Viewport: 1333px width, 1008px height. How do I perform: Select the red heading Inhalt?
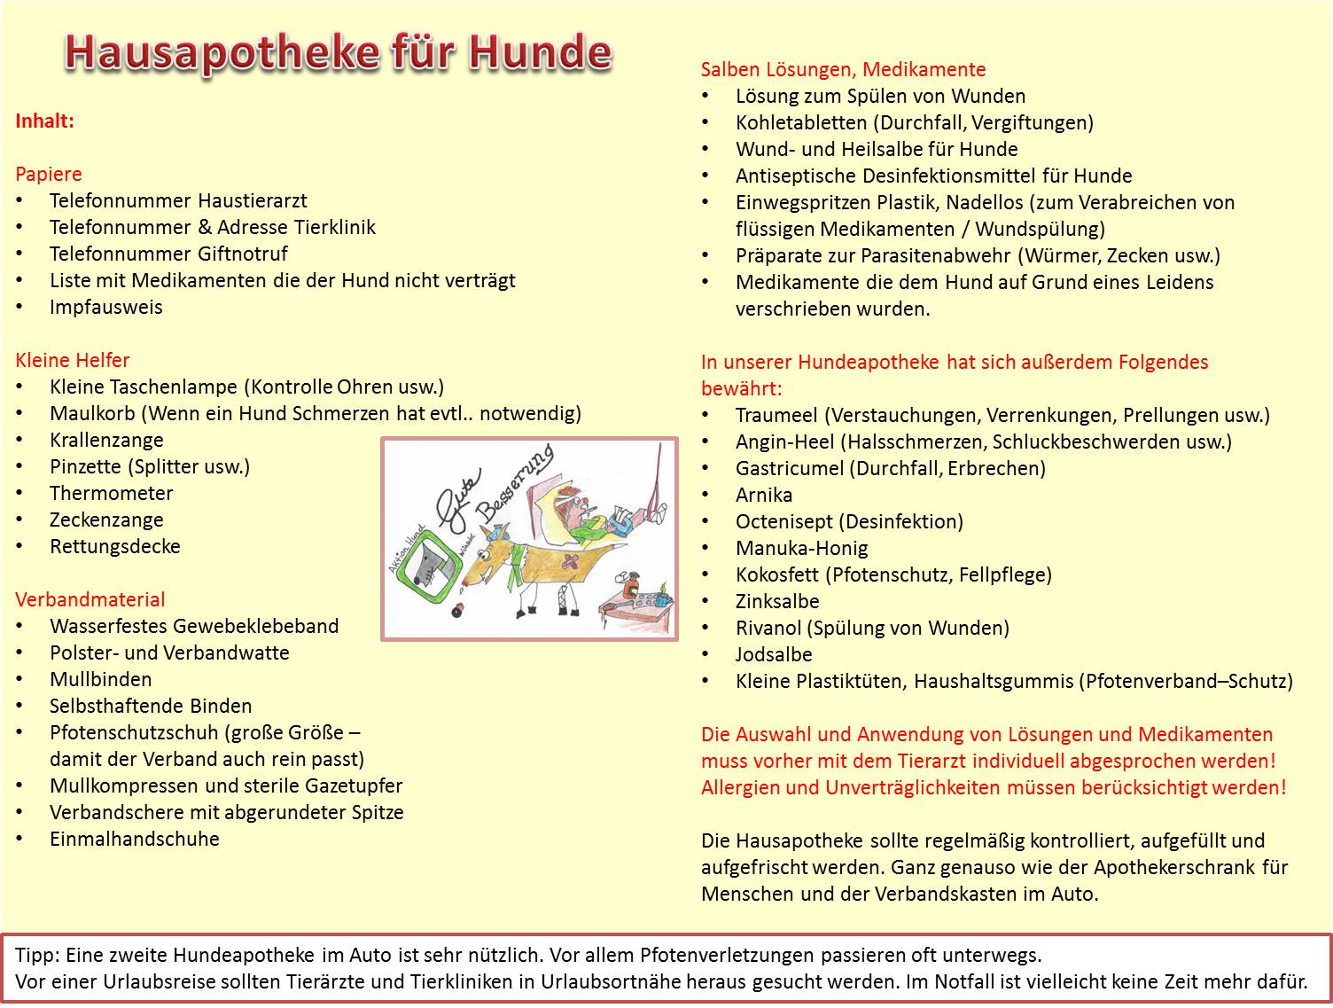pyautogui.click(x=44, y=121)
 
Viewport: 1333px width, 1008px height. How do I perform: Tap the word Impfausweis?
pyautogui.click(x=105, y=308)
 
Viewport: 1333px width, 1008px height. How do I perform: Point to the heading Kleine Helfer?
pyautogui.click(x=72, y=361)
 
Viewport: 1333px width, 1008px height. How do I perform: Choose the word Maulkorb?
pyautogui.click(x=92, y=414)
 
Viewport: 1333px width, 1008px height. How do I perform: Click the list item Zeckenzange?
pyautogui.click(x=105, y=520)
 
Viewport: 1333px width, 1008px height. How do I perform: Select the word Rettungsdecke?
pyautogui.click(x=114, y=547)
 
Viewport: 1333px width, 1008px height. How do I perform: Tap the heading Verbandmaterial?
pyautogui.click(x=90, y=600)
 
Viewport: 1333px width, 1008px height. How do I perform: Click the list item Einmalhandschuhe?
pyautogui.click(x=134, y=840)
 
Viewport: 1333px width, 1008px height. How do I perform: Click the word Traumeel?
pyautogui.click(x=776, y=415)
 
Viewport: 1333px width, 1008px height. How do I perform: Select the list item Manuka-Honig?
pyautogui.click(x=801, y=548)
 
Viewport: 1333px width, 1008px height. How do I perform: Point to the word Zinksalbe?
pyautogui.click(x=777, y=601)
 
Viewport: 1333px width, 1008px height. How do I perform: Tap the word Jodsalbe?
pyautogui.click(x=774, y=654)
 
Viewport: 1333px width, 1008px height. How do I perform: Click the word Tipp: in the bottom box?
pyautogui.click(x=36, y=955)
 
